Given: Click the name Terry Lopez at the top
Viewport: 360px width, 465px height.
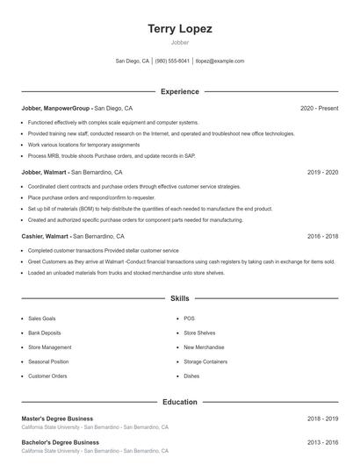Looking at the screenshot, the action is [x=180, y=29].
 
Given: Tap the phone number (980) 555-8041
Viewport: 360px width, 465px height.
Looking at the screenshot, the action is [x=172, y=61].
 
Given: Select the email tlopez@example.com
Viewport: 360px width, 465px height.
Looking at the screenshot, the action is [x=220, y=61].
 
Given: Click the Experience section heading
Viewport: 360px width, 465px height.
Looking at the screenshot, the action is [x=180, y=91].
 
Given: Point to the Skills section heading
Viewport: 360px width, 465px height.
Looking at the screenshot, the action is [x=180, y=299].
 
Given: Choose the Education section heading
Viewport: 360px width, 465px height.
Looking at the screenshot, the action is [x=180, y=402].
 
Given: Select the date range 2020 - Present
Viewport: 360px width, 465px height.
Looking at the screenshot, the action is [x=319, y=108].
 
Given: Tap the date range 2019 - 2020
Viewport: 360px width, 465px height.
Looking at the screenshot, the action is [x=323, y=173].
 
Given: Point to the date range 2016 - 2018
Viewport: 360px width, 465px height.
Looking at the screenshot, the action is [x=323, y=237].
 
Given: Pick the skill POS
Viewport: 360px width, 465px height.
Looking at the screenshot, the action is [x=189, y=318].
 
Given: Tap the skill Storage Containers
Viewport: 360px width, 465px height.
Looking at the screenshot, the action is [x=205, y=361].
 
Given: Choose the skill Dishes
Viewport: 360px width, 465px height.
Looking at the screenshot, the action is [x=191, y=376].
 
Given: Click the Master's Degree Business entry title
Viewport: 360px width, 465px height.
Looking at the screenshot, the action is [x=57, y=418].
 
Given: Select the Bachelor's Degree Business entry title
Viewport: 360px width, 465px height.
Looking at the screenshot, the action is [x=60, y=442].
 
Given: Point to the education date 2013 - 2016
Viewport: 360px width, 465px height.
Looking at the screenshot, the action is [x=323, y=442].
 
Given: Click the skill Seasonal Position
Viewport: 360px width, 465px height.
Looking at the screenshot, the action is [x=48, y=361].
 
